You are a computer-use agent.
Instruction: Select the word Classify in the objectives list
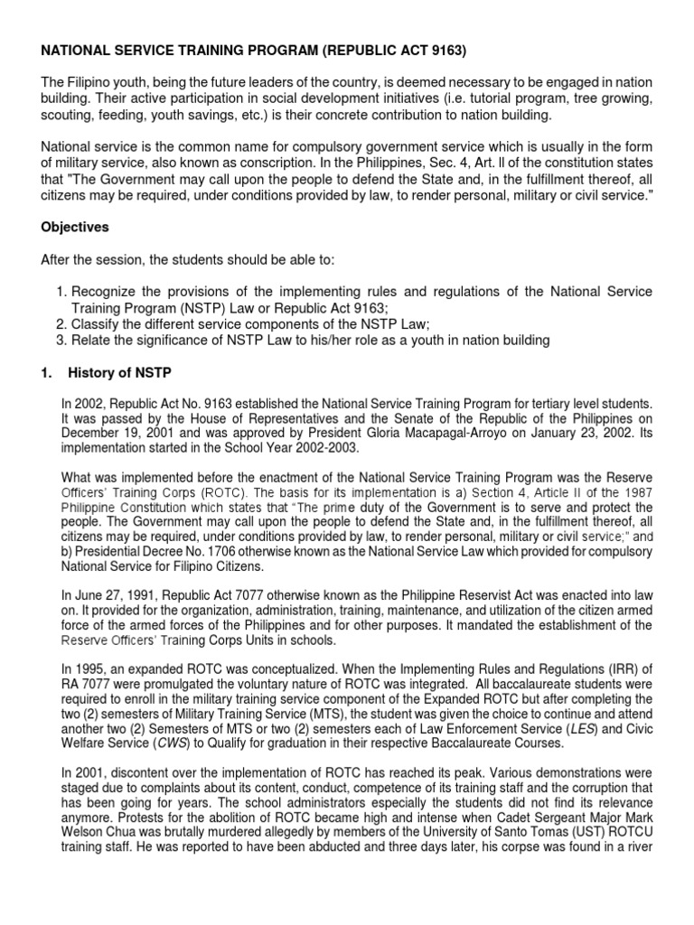tap(97, 323)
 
